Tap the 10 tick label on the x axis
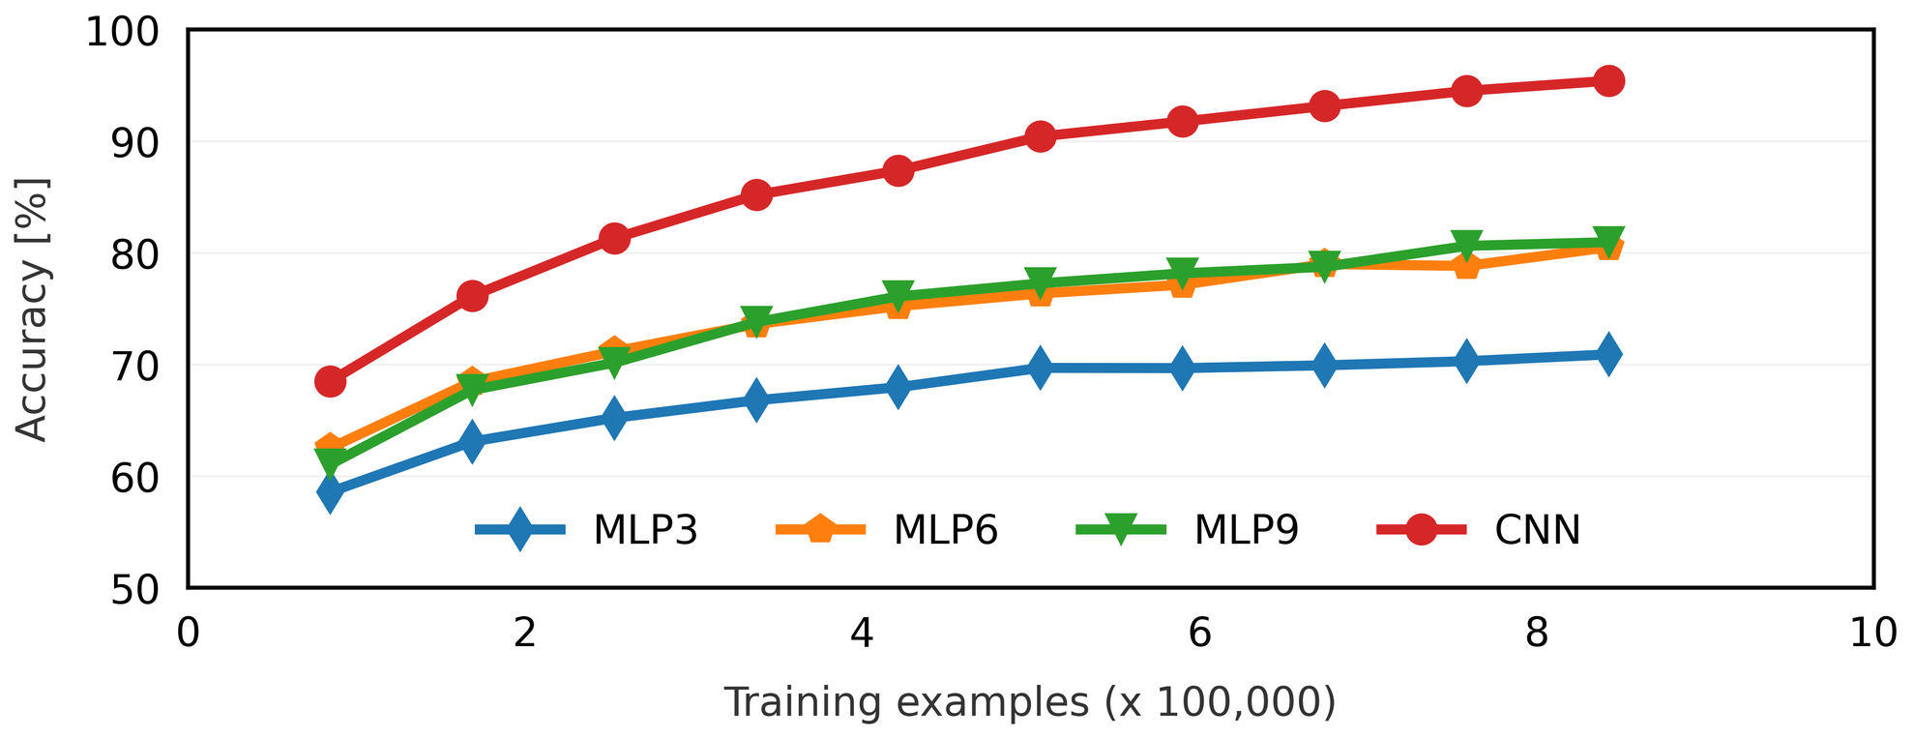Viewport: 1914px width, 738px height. (1872, 634)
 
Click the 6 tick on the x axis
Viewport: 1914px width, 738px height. (1199, 634)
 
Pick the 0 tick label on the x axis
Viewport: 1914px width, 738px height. (188, 634)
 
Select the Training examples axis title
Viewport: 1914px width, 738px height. (1030, 702)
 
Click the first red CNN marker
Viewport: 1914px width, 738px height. (330, 381)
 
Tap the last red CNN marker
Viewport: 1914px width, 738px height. (1608, 80)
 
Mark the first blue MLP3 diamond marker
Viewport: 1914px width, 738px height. (330, 492)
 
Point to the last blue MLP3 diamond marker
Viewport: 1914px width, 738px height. (1608, 354)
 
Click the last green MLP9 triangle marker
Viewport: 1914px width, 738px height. (1608, 241)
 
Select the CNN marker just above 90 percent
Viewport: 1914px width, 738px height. (1040, 136)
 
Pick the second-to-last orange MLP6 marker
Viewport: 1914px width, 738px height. (1466, 265)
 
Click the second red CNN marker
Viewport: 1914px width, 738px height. (472, 296)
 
